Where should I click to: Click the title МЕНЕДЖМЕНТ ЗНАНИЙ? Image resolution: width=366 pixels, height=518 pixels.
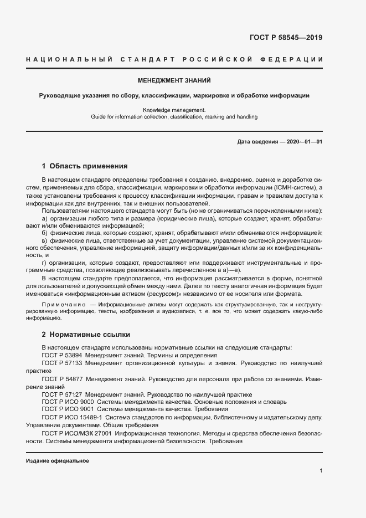tap(174, 80)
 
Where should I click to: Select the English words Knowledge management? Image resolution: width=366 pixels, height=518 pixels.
tap(174, 110)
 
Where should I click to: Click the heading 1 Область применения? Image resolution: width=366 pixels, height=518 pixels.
tap(85, 166)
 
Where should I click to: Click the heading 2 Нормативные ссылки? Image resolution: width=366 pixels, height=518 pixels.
tap(86, 335)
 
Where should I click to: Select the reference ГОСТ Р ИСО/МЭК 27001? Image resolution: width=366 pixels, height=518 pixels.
tap(77, 433)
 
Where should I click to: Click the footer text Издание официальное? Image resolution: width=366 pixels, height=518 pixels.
tap(58, 461)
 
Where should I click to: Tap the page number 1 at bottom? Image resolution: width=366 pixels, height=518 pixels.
tap(321, 471)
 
